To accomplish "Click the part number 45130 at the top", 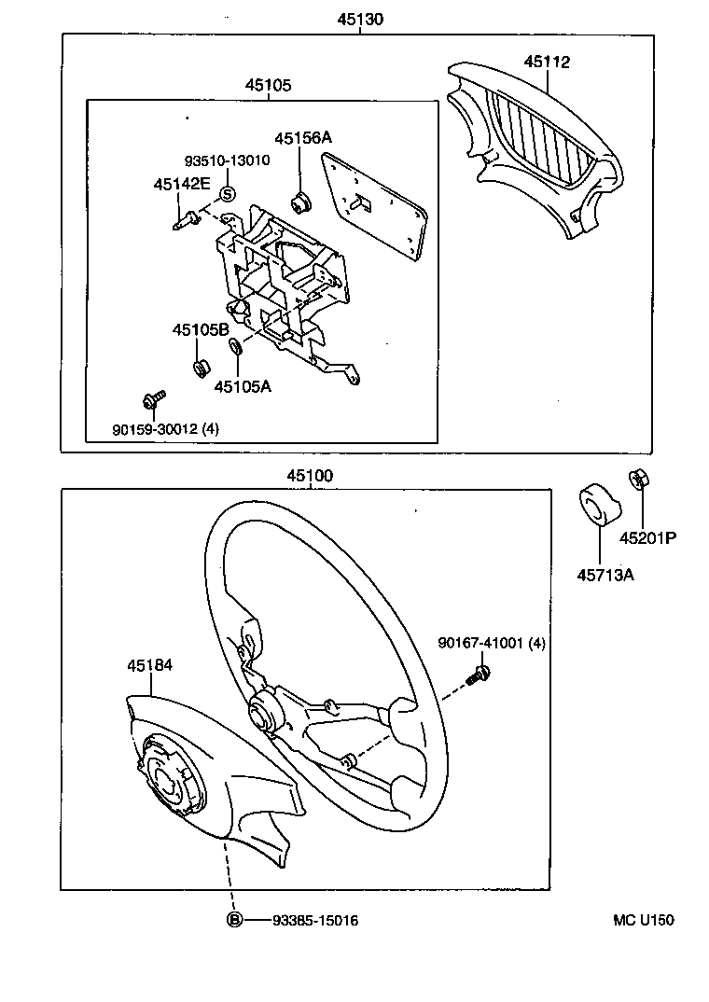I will [359, 19].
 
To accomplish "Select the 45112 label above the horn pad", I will [547, 63].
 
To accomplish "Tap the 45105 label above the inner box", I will [269, 85].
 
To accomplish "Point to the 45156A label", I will [304, 138].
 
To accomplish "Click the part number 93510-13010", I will [227, 160].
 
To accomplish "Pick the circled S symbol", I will [227, 194].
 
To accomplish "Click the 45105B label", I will [200, 329].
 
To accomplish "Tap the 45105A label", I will [243, 385].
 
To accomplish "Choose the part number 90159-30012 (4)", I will [166, 430].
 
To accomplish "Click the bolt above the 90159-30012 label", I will [153, 399].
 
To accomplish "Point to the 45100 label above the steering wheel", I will [310, 476].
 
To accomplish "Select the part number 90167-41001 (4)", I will [493, 643].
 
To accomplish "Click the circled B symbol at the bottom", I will [235, 921].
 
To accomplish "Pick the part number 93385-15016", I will [315, 921].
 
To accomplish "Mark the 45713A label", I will [605, 575].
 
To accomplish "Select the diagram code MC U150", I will [643, 920].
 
